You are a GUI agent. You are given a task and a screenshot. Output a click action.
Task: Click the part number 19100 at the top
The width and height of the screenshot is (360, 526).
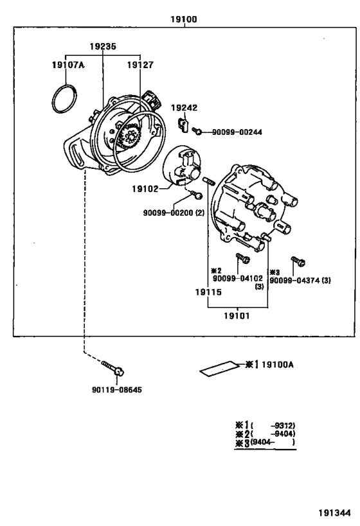point(184,19)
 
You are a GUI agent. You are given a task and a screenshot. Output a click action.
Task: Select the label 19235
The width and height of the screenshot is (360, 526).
point(103,47)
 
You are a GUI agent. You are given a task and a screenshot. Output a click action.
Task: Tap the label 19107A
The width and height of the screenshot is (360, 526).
point(68,64)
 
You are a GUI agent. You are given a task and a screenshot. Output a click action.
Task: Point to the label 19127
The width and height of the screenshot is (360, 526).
point(140,64)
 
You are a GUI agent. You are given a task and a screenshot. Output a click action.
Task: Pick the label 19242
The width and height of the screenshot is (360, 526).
point(184,107)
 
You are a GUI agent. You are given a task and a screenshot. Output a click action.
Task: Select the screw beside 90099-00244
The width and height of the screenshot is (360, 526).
point(199,131)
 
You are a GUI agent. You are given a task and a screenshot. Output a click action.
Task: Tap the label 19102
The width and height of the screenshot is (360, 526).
point(146,189)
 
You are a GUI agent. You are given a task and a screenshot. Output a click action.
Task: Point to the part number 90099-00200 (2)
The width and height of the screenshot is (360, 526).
point(174,213)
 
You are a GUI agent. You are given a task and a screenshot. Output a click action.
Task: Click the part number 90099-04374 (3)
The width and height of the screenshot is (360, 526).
point(300,280)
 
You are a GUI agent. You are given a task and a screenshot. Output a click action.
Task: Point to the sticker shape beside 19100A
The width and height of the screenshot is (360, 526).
point(217,369)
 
